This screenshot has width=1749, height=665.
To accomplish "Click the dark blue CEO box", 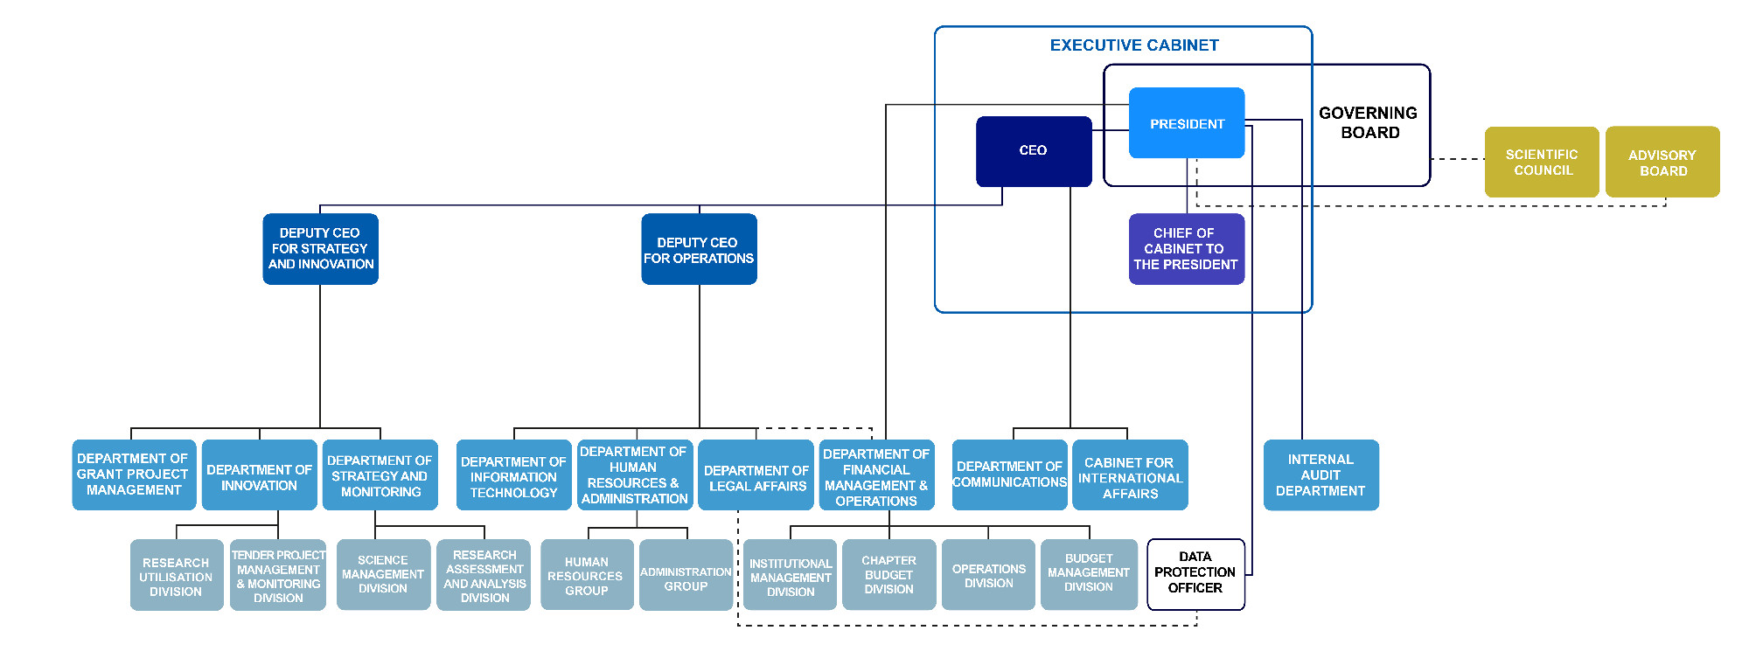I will pos(1033,151).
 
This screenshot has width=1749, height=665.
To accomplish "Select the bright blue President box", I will pos(1186,123).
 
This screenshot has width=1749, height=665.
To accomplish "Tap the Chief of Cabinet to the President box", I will pos(1186,249).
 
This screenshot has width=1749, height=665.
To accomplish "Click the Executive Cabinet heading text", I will pos(1133,45).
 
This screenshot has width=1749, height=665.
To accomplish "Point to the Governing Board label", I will pos(1369,123).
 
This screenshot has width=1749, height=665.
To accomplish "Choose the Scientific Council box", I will pos(1542,163).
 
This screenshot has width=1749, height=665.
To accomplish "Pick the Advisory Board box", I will pos(1662,163).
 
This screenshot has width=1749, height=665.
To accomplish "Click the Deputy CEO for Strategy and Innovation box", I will pos(320,249).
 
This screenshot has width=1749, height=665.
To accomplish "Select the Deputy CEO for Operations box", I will pos(699,249).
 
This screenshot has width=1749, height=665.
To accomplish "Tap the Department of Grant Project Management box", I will pos(133,475).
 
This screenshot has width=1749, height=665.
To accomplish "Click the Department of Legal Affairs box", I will pos(756,478).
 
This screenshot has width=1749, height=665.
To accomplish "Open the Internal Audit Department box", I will pos(1320,475).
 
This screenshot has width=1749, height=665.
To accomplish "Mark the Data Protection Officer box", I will pos(1195,573).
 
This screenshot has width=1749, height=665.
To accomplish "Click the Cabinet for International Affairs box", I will pos(1130,477).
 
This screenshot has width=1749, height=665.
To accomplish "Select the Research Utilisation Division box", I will pos(176,577).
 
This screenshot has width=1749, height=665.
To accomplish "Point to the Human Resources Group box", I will pos(586,577).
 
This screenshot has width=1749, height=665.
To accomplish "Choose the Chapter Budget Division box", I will pos(888,575).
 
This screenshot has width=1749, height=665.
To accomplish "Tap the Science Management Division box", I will pos(383,575).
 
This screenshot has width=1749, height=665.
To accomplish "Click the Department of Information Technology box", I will pos(513,477).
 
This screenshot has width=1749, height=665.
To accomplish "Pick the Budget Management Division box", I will pos(1089,573).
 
